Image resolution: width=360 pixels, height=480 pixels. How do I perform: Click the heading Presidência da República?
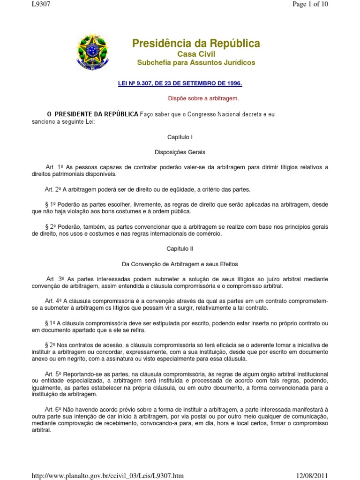tap(196, 44)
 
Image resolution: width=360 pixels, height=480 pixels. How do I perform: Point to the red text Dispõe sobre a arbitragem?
tap(203, 98)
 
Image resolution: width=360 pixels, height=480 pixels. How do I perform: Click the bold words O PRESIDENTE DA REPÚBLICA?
tap(93, 114)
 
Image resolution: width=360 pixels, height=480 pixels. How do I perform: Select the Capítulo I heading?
tap(180, 137)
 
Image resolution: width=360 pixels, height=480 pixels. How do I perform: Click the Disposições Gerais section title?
tap(180, 152)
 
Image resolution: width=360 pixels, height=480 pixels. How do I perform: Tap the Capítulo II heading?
tap(180, 249)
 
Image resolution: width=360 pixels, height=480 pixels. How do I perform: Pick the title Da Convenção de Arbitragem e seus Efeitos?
tap(180, 264)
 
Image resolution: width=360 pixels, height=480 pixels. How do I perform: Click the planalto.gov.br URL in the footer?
tap(107, 476)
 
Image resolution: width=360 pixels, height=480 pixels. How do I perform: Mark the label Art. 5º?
tap(54, 374)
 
